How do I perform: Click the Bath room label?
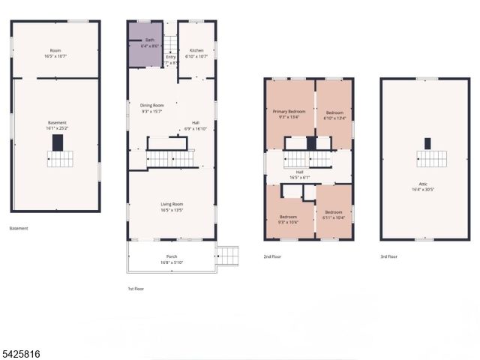tap(150, 40)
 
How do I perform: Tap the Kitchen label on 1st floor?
tap(196, 51)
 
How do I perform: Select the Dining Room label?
tap(152, 106)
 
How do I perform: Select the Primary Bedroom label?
tap(289, 111)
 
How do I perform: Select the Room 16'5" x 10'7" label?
tap(55, 51)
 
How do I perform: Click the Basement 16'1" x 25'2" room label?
tap(57, 123)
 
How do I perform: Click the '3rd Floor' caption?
tap(388, 256)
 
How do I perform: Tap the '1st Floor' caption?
tap(136, 288)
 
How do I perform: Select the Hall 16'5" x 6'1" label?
tap(299, 172)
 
